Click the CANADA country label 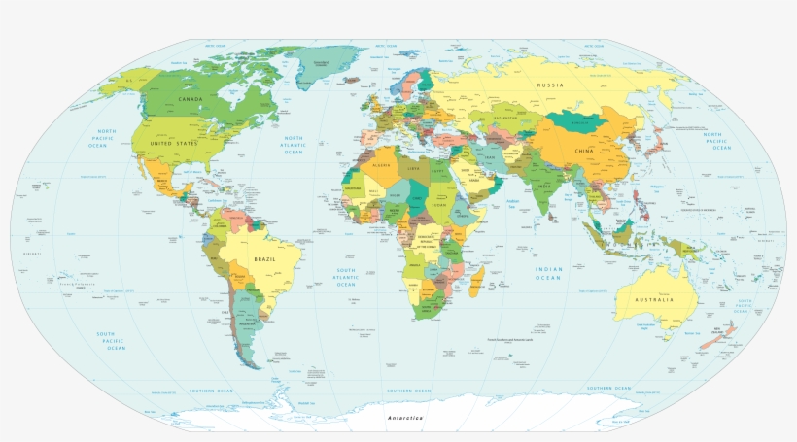pos(191,98)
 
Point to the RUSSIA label pos(551,85)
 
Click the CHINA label pos(584,152)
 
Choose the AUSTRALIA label pos(655,299)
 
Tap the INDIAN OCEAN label pos(548,273)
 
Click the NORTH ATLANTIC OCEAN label pos(294,145)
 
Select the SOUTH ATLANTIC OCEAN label pos(346,277)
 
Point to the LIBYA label pos(414,170)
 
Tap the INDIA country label pos(545,187)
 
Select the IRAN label pos(490,157)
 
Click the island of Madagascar pos(477,283)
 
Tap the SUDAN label pos(439,205)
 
